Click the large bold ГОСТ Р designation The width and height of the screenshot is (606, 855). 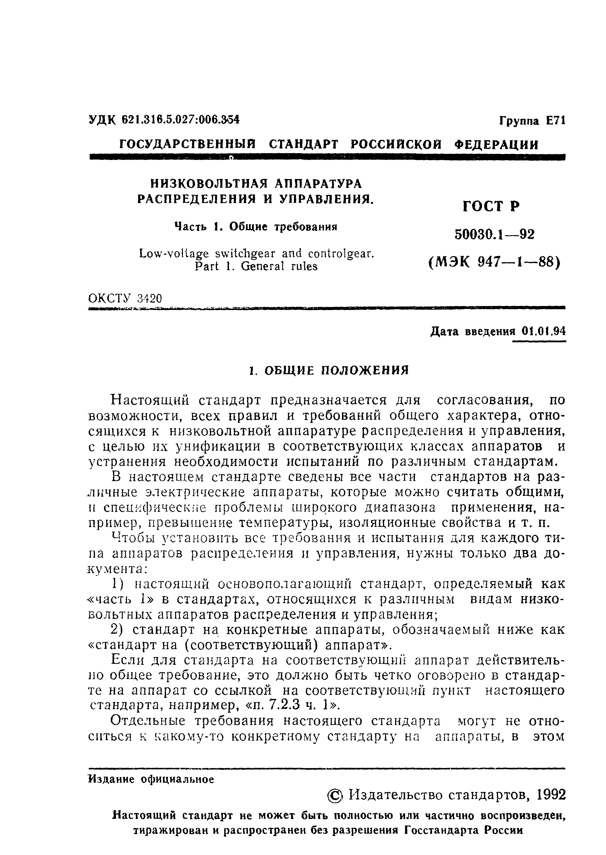tap(491, 206)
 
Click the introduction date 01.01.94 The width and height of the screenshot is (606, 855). tap(544, 331)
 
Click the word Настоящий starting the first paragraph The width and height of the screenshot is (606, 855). tap(150, 400)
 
